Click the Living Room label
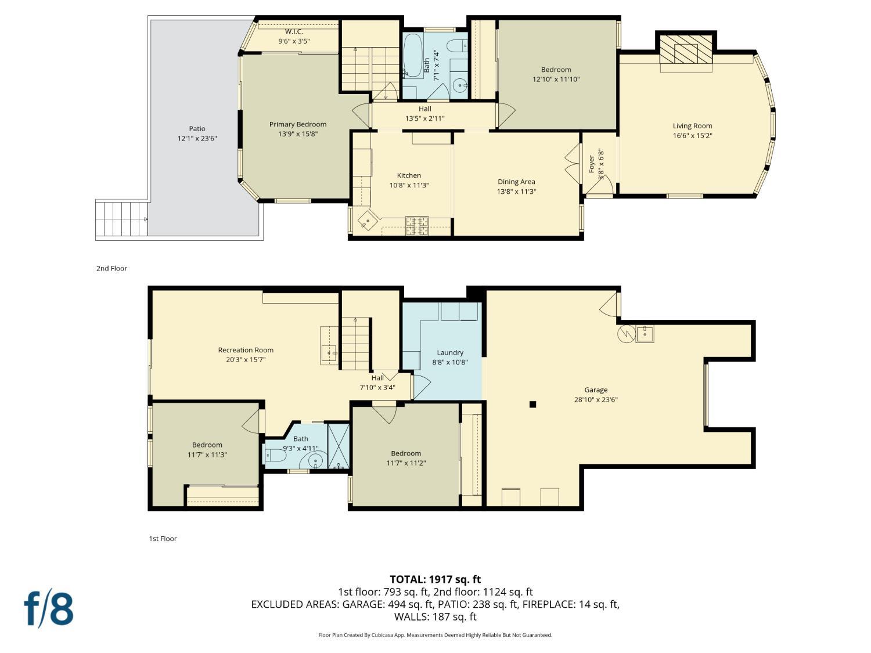tap(692, 126)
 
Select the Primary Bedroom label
tap(297, 124)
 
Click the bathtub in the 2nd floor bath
tap(413, 56)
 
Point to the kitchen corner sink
tap(366, 222)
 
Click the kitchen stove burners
tap(416, 225)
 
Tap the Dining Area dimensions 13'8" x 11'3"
tap(516, 192)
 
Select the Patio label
tap(197, 129)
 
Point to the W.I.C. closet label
tap(294, 31)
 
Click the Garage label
tap(595, 390)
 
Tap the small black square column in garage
tap(532, 405)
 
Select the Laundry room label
tap(450, 352)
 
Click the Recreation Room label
tap(246, 350)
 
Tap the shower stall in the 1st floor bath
tap(339, 446)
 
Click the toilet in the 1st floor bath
tap(275, 456)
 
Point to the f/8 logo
tap(49, 608)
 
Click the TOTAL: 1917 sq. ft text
tap(435, 579)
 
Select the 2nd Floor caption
tap(111, 268)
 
